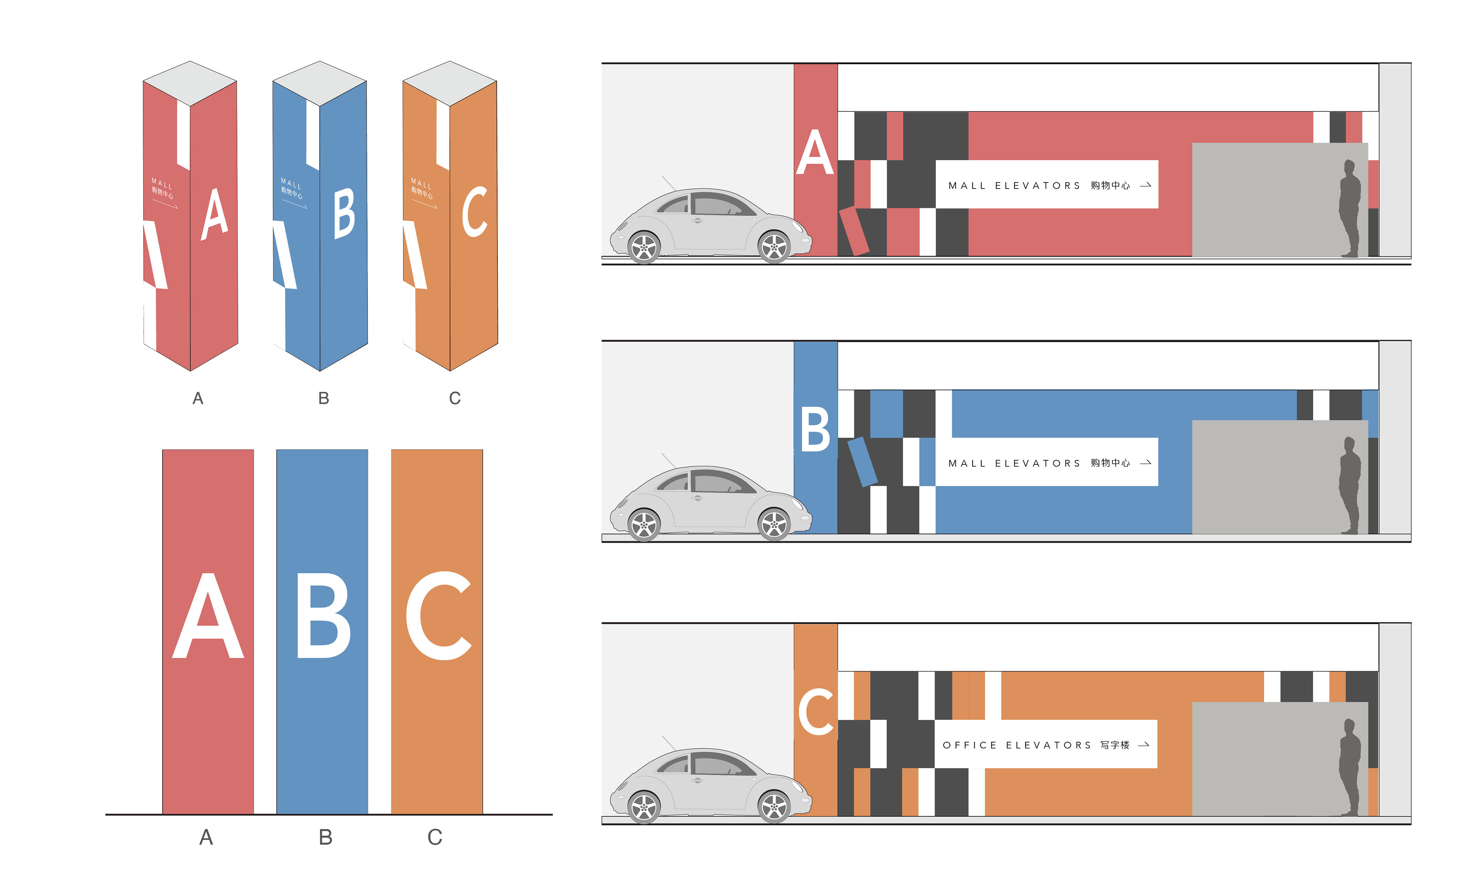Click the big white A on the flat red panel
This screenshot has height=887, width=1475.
(208, 617)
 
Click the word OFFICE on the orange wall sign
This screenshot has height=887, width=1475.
(970, 745)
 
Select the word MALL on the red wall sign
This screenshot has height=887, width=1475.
(966, 186)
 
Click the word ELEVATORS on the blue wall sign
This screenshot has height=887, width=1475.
(1037, 463)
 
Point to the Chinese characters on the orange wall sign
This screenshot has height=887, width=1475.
(1115, 745)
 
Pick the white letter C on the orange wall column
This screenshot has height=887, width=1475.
(815, 711)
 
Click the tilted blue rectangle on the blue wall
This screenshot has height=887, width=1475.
(862, 461)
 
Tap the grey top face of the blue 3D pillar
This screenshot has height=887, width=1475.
(319, 83)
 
